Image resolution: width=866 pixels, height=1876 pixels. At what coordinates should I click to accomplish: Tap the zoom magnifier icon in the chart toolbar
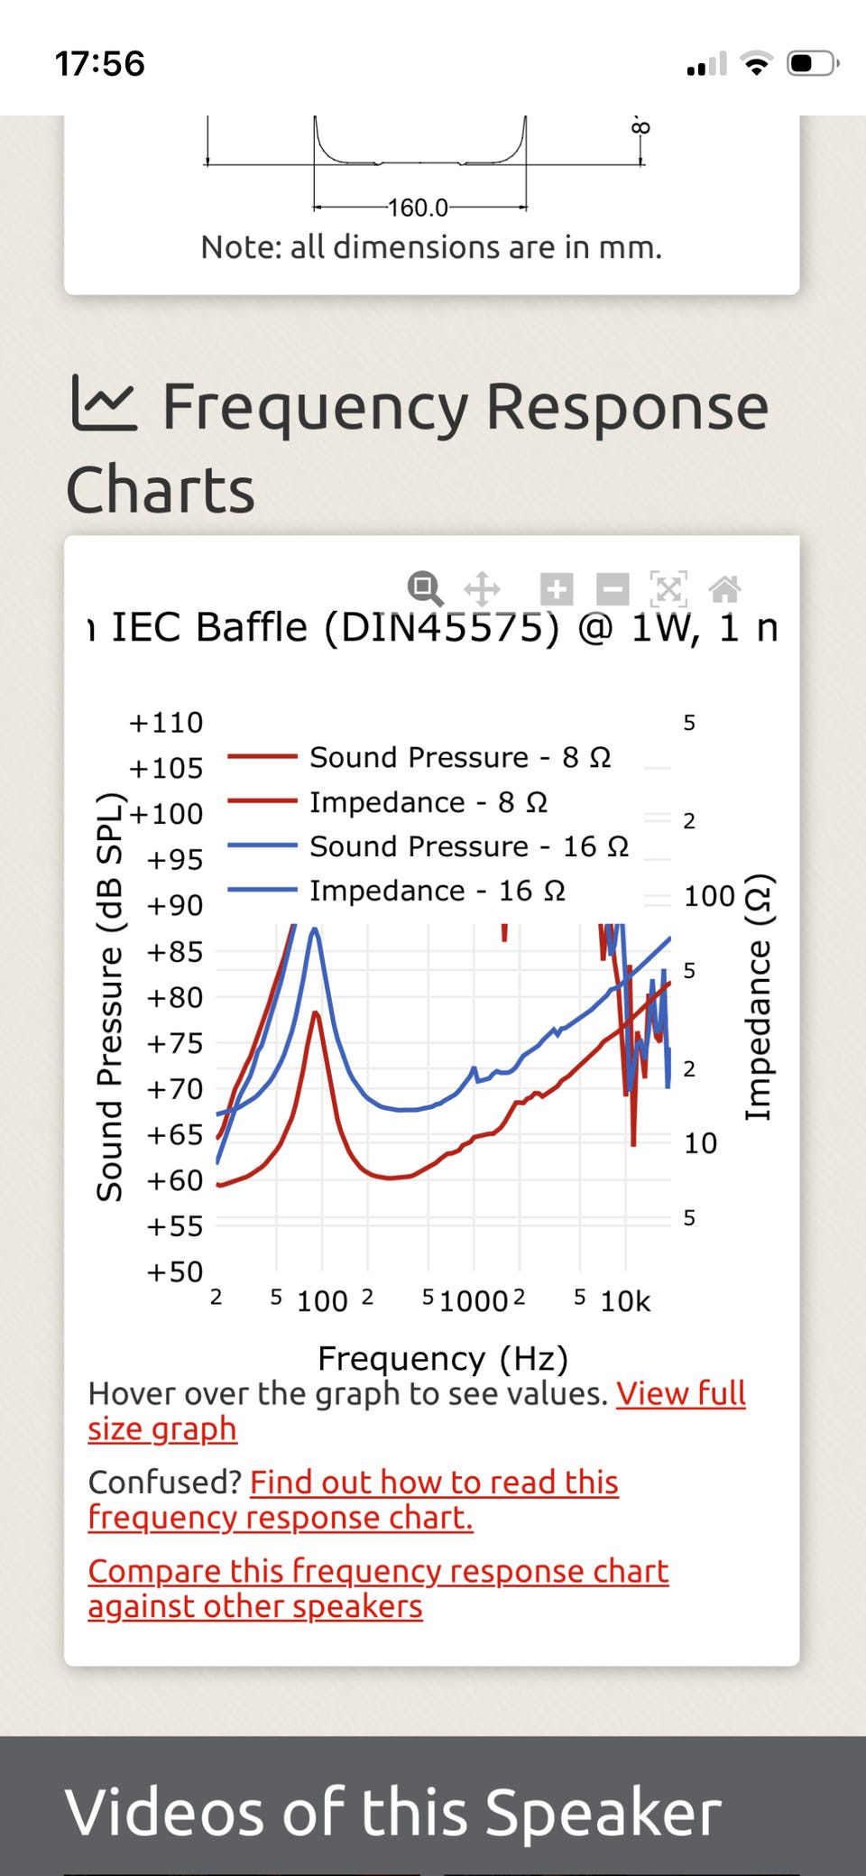(x=425, y=588)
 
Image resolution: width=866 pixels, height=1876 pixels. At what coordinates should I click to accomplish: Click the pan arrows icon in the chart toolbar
(x=483, y=589)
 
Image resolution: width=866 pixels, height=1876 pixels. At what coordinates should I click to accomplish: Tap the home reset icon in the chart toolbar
(x=725, y=589)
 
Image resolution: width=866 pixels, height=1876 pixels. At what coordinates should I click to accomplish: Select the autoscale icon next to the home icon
(x=668, y=589)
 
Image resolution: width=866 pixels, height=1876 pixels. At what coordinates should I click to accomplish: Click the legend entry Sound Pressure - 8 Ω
(x=460, y=757)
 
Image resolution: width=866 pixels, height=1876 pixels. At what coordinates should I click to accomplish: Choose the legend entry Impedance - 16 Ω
(x=438, y=891)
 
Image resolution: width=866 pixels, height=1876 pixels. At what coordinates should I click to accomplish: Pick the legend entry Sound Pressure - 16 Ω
(x=469, y=846)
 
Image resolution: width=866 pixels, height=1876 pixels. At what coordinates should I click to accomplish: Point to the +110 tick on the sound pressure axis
(x=167, y=723)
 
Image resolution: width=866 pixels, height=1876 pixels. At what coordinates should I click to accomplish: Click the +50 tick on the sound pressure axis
(x=175, y=1271)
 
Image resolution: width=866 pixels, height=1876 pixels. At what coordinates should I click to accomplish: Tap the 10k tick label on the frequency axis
(x=625, y=1301)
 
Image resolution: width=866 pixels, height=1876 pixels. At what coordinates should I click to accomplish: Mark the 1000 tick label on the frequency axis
(x=474, y=1301)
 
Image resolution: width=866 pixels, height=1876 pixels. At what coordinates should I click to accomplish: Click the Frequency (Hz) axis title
(x=443, y=1358)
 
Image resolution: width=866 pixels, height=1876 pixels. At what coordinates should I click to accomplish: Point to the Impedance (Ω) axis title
(x=758, y=997)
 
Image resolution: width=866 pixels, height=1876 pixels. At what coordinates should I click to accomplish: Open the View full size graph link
(x=680, y=1394)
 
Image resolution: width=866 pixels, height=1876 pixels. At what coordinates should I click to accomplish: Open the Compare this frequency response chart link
(x=378, y=1571)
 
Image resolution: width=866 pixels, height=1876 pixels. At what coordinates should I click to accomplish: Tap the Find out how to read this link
(x=434, y=1483)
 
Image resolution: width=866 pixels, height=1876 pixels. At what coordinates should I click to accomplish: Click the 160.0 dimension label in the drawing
(x=418, y=208)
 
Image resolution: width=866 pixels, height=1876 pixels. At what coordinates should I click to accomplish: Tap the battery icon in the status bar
(x=812, y=64)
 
